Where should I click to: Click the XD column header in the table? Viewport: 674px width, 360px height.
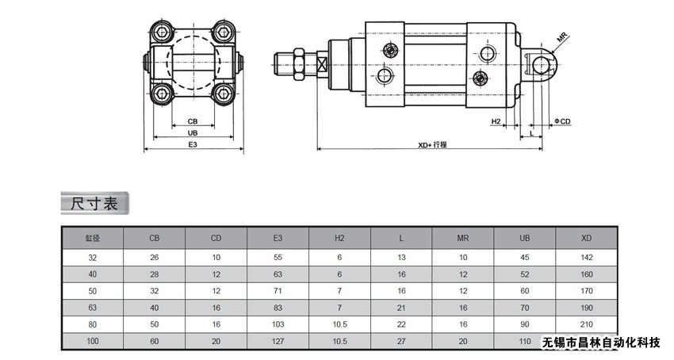[587, 237]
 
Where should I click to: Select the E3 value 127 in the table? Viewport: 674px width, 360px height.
[278, 340]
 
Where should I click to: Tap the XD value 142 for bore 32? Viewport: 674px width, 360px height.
[587, 257]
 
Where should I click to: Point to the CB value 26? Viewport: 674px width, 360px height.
[154, 257]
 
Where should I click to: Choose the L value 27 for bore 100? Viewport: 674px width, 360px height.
[401, 340]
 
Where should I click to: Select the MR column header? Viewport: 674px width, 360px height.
[463, 237]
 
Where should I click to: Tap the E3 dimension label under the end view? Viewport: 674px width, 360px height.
[193, 145]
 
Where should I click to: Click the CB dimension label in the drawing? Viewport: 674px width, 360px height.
[193, 121]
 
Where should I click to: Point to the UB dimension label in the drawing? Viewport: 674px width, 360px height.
[193, 133]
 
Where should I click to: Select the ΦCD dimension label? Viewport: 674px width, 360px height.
[562, 121]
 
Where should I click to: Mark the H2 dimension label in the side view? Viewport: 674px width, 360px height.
[496, 121]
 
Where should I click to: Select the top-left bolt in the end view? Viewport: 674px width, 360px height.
[163, 33]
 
